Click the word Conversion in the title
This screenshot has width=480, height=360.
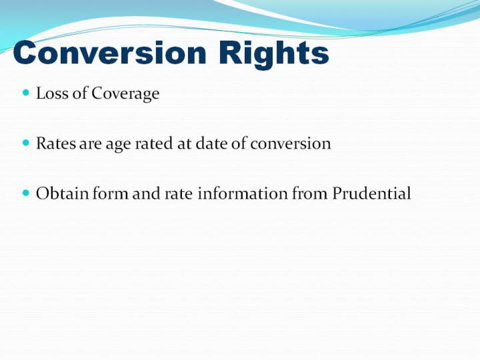click(110, 53)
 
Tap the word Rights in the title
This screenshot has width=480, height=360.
click(274, 55)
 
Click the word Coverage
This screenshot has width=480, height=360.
click(125, 94)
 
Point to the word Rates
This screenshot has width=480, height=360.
click(56, 143)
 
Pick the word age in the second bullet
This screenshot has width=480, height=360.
click(118, 145)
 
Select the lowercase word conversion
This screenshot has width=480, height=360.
click(291, 143)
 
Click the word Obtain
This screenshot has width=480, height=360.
click(63, 193)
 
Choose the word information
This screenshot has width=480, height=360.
click(243, 193)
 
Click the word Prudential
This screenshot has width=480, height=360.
click(371, 193)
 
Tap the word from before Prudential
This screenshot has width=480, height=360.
click(310, 193)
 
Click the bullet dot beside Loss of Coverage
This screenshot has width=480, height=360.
click(26, 92)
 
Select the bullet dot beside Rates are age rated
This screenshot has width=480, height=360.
click(26, 143)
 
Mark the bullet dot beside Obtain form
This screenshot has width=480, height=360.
click(26, 193)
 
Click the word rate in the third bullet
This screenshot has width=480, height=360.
click(179, 195)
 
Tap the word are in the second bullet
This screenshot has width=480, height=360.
click(90, 145)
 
